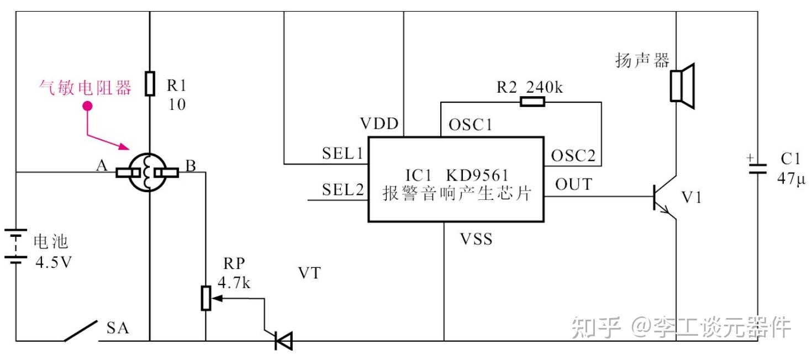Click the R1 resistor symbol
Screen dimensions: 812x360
click(x=150, y=84)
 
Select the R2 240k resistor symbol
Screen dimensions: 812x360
click(x=532, y=102)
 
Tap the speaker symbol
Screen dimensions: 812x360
click(x=682, y=86)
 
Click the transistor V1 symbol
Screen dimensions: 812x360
click(x=665, y=197)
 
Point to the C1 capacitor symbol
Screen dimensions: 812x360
click(x=758, y=169)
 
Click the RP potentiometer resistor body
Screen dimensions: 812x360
click(x=206, y=298)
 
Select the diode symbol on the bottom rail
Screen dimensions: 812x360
click(x=283, y=341)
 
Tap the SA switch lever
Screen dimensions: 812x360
click(x=81, y=331)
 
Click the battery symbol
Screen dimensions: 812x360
click(x=15, y=246)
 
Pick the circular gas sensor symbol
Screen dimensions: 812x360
click(x=147, y=172)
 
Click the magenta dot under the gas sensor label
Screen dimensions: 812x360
click(x=87, y=106)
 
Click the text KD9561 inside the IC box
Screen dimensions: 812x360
click(x=477, y=175)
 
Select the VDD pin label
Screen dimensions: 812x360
click(x=379, y=124)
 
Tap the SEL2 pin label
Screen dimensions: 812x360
click(x=343, y=189)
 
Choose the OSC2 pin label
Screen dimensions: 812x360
click(x=573, y=156)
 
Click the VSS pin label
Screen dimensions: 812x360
click(x=476, y=239)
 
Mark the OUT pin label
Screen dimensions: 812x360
click(x=573, y=184)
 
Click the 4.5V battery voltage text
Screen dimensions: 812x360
click(x=54, y=262)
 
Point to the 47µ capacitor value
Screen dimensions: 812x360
click(x=791, y=179)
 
